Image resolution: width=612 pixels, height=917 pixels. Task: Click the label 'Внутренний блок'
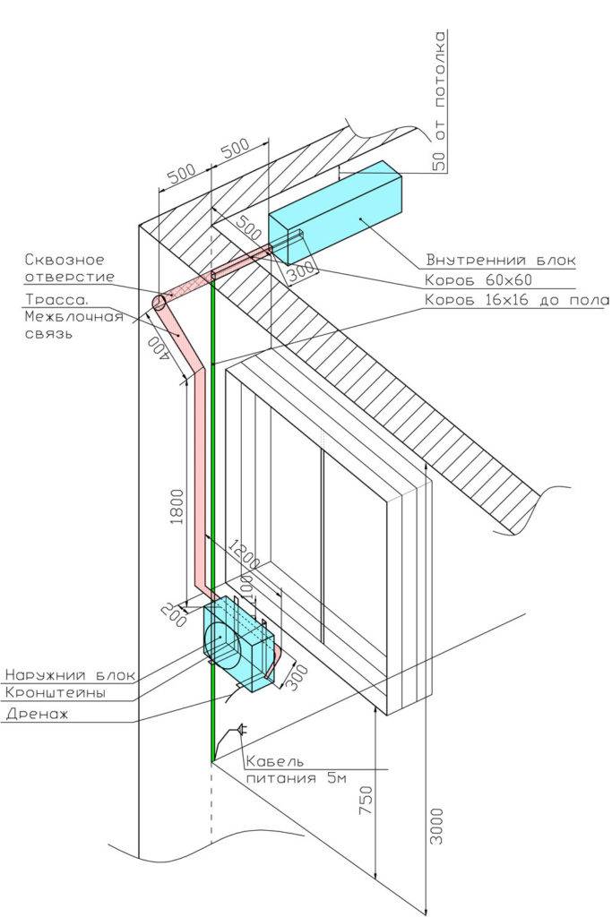501,261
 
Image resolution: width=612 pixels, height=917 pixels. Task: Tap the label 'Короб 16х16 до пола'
516,300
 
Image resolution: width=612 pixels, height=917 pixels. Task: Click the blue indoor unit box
336,210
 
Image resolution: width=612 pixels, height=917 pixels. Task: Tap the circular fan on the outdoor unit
222,646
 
